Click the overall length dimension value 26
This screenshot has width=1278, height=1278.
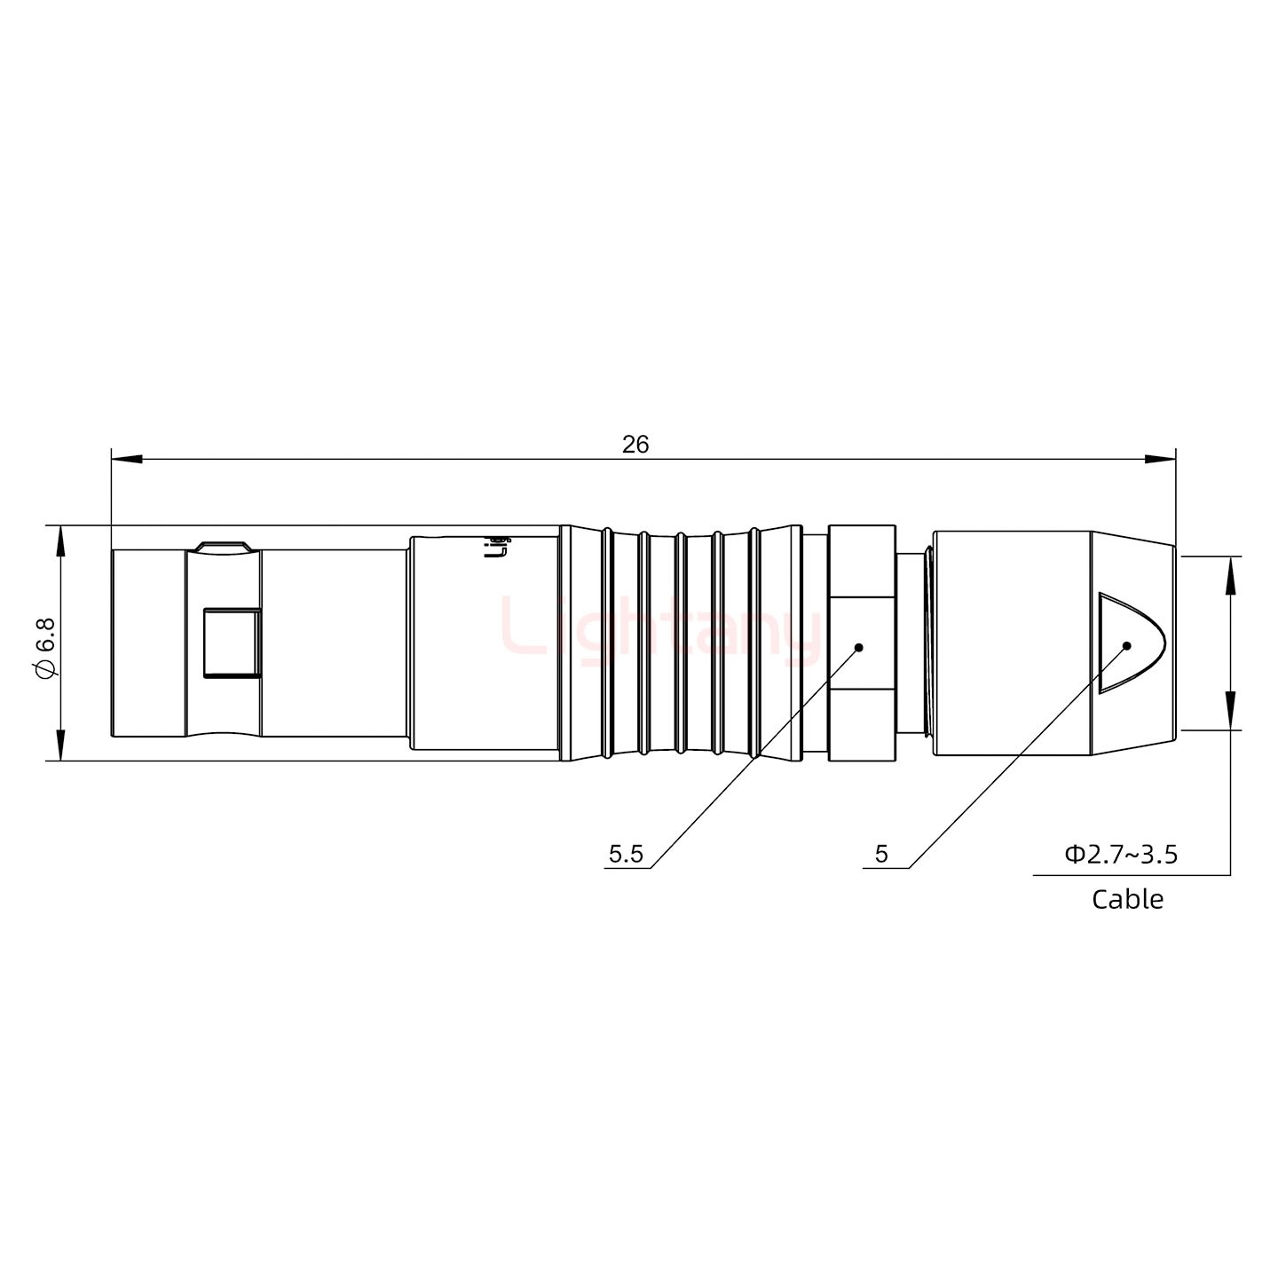tap(635, 444)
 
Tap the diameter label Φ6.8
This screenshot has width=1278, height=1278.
tap(45, 643)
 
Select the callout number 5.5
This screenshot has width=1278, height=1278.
tap(625, 854)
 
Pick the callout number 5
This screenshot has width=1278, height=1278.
tap(880, 854)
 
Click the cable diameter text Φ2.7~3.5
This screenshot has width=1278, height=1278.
tap(1121, 854)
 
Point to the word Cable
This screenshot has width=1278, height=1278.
tap(1126, 899)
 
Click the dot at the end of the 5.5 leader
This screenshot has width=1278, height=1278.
tap(858, 647)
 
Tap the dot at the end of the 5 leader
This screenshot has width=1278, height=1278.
tap(1126, 645)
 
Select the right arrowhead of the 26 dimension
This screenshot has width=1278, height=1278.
tap(1160, 459)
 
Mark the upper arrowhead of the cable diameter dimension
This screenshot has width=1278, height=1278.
tap(1230, 571)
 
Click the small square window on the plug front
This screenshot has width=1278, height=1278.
tap(231, 643)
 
